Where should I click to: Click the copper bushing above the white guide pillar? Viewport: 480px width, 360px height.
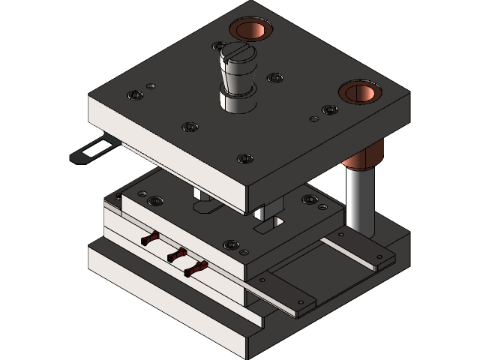pos(360,92)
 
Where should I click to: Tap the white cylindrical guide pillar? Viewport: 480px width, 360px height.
pos(359,199)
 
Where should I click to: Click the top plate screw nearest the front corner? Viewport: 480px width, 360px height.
pos(244,158)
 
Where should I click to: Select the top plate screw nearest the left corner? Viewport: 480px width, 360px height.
pos(136,95)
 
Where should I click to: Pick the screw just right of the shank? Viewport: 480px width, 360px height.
pos(275,77)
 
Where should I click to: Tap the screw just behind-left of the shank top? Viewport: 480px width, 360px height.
pos(218,46)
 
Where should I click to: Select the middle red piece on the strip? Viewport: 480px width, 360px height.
pos(176,255)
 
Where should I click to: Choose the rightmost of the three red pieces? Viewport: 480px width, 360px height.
pos(197,268)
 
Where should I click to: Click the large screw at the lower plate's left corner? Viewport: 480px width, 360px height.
pos(155,201)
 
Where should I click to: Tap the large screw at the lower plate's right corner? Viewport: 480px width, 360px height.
pos(308,200)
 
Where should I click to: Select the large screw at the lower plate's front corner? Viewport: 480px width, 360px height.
pos(231,245)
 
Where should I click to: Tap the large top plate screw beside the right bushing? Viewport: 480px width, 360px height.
pos(329,109)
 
